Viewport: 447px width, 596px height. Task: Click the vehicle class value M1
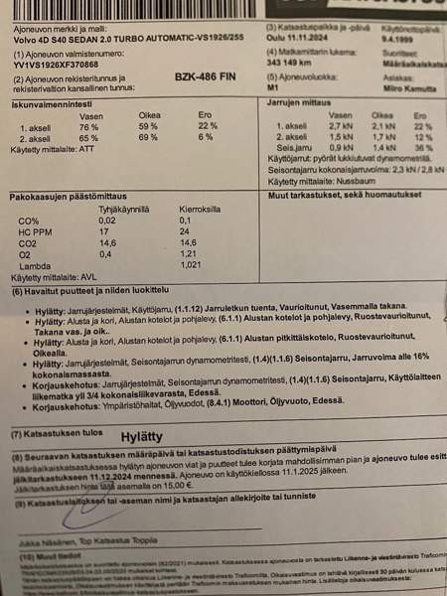(x=272, y=87)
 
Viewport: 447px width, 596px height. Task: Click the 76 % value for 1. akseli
(x=88, y=127)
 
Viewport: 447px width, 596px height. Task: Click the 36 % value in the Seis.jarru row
(x=423, y=146)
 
